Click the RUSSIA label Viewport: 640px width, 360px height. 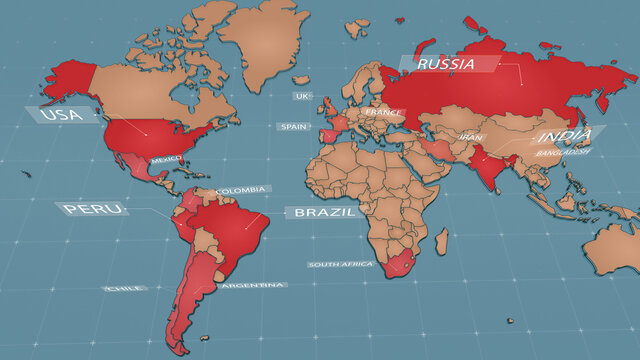(x=446, y=64)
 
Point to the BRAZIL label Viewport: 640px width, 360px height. (x=321, y=213)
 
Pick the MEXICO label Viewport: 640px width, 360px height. (x=165, y=160)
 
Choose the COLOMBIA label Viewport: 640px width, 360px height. (x=242, y=190)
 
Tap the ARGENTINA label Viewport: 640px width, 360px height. (x=253, y=285)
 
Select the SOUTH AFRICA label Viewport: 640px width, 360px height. (x=341, y=264)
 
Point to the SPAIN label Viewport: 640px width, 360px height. (x=294, y=127)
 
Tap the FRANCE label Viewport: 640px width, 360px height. (x=383, y=112)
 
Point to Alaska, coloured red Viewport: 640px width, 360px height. (x=73, y=76)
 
